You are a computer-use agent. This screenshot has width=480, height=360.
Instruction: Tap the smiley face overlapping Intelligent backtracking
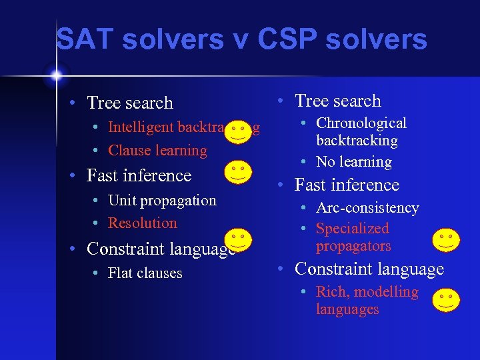tap(239, 131)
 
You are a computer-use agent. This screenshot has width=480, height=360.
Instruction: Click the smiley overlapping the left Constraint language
tap(238, 240)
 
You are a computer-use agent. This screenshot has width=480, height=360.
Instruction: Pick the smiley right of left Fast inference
tap(238, 171)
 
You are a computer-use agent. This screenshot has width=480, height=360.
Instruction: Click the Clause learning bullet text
tap(157, 151)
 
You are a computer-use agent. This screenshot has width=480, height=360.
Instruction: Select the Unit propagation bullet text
tap(162, 201)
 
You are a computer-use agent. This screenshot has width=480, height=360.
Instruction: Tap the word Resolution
tap(143, 223)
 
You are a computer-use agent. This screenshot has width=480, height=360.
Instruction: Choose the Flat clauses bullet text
tap(145, 273)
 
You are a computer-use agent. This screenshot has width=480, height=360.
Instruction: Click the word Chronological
tap(361, 123)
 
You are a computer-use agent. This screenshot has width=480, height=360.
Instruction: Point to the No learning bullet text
tap(353, 162)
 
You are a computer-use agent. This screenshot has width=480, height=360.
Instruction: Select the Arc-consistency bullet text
tap(367, 208)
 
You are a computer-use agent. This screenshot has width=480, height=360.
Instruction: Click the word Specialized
tap(352, 229)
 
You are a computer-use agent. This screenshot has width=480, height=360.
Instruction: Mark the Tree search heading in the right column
tap(337, 101)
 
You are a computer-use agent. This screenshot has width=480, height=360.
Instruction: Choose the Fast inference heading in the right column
tap(347, 185)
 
